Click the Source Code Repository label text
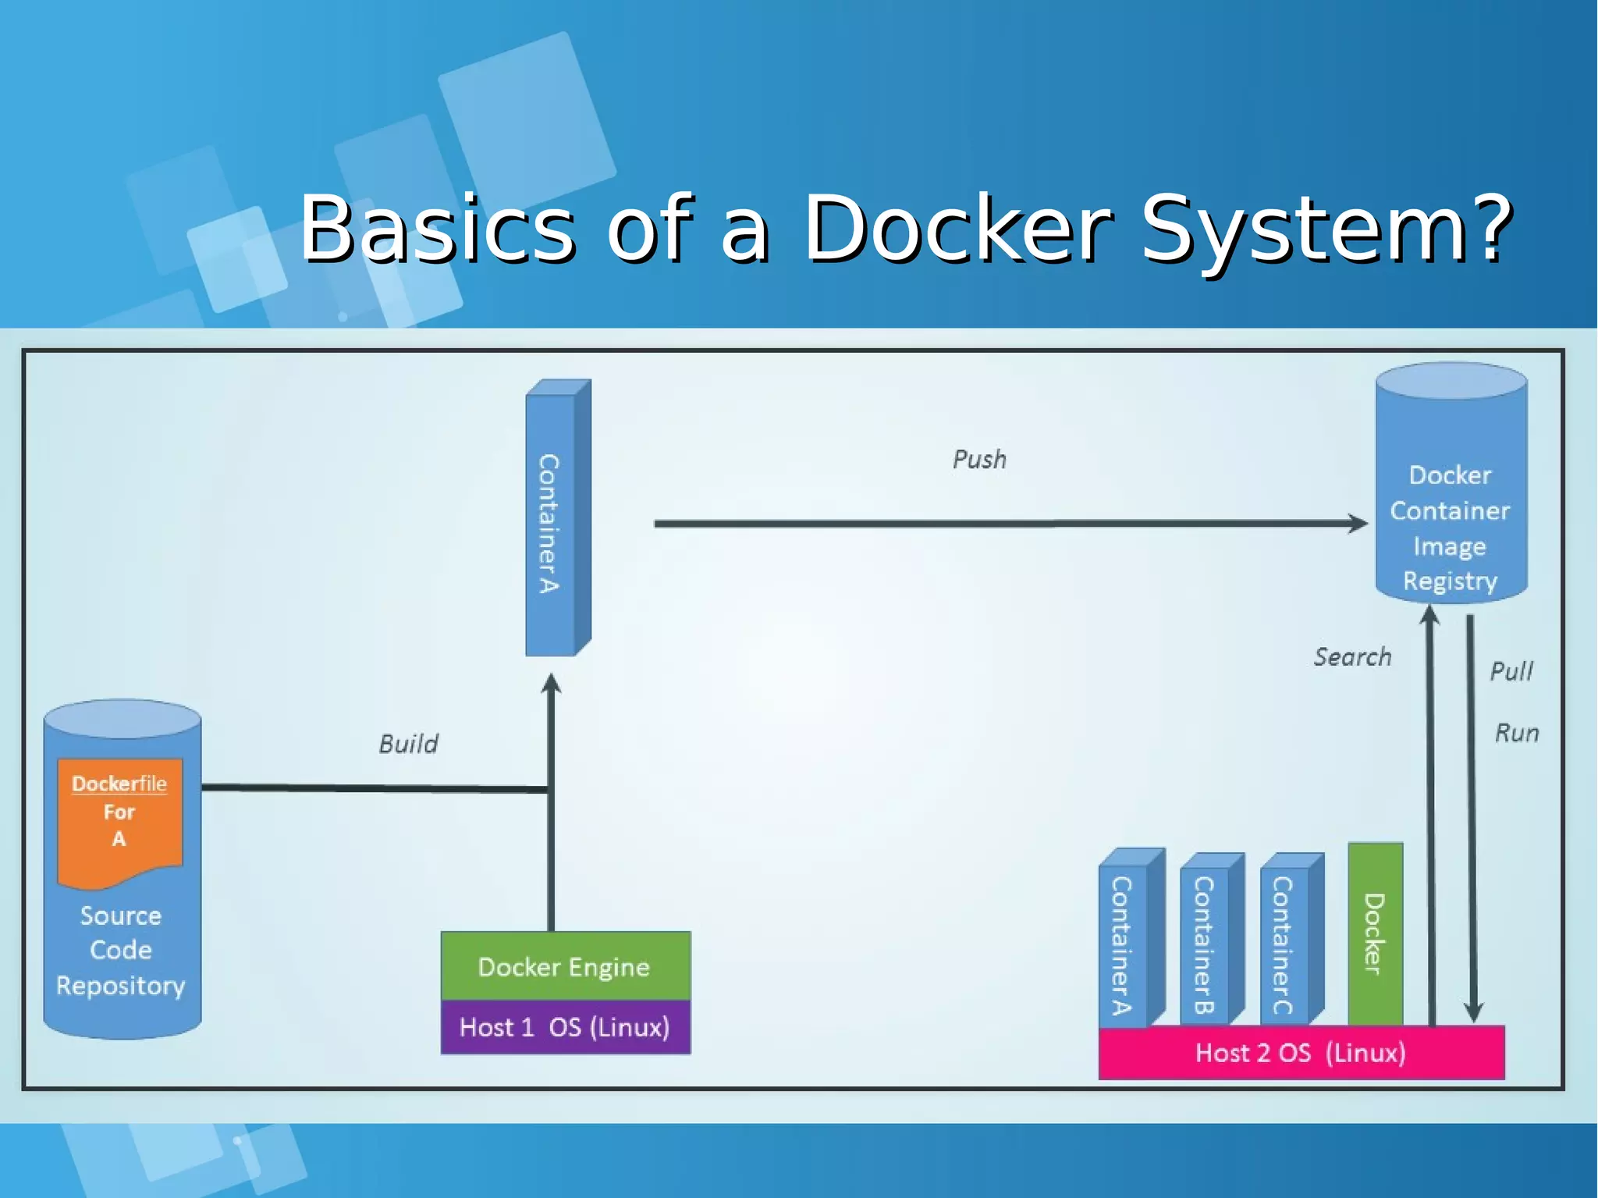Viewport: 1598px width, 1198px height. [121, 950]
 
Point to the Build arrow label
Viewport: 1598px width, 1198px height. [408, 743]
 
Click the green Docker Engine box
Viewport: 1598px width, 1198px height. [565, 966]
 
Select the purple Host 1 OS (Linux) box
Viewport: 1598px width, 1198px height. [565, 1027]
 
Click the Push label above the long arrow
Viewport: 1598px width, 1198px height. [979, 459]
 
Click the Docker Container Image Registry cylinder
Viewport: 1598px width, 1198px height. [1450, 499]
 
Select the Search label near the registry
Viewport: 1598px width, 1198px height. [1352, 656]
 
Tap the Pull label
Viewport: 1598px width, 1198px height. [1511, 671]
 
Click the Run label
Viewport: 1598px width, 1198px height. [1516, 733]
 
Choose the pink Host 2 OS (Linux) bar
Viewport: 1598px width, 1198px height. [1301, 1053]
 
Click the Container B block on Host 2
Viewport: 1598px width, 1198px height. [1204, 944]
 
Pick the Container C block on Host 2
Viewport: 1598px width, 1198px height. [1284, 944]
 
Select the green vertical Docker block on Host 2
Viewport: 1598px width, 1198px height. [1375, 933]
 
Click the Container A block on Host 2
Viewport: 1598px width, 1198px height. [1123, 944]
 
